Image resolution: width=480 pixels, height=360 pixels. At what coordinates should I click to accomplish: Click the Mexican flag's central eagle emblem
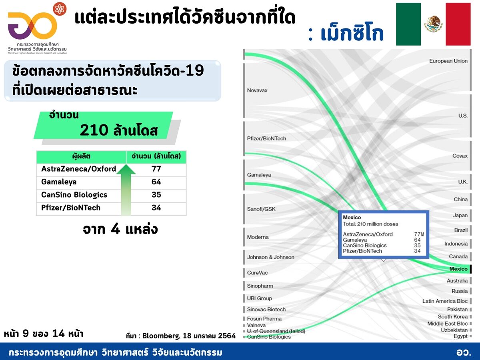[x=433, y=24]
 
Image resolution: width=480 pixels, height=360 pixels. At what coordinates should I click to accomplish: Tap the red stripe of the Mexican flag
[x=458, y=24]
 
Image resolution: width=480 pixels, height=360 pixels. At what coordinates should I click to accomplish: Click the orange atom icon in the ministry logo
[x=60, y=9]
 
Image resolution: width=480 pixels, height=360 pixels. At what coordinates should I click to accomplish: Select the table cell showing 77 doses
[x=156, y=169]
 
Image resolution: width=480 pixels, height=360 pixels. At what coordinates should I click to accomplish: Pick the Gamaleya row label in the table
[x=59, y=182]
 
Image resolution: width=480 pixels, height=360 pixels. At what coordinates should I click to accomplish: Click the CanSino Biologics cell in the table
[x=74, y=195]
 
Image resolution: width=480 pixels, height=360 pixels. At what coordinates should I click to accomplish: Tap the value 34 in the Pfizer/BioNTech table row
[x=156, y=208]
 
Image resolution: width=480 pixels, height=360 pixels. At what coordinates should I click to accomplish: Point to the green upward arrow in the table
[x=126, y=190]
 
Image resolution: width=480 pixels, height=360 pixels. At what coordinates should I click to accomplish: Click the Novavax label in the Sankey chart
[x=257, y=90]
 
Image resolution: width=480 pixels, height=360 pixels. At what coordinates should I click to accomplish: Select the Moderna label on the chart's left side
[x=258, y=237]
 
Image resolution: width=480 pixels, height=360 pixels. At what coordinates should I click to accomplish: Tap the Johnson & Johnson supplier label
[x=270, y=257]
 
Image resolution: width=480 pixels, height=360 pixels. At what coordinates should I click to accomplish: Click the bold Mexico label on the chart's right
[x=458, y=269]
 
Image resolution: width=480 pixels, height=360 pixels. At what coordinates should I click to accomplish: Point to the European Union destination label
[x=448, y=61]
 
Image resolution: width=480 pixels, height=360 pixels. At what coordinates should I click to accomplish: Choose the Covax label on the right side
[x=460, y=156]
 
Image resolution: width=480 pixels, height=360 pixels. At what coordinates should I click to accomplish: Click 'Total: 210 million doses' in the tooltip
[x=370, y=224]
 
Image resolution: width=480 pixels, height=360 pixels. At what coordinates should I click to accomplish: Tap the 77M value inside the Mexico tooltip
[x=419, y=234]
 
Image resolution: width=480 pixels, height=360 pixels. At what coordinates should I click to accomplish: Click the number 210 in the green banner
[x=94, y=130]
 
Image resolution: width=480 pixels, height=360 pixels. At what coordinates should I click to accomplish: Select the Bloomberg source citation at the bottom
[x=181, y=336]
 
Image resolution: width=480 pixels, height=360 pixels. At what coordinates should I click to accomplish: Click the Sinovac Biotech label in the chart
[x=266, y=309]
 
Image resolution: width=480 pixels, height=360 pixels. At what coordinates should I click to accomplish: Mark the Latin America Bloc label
[x=445, y=301]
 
